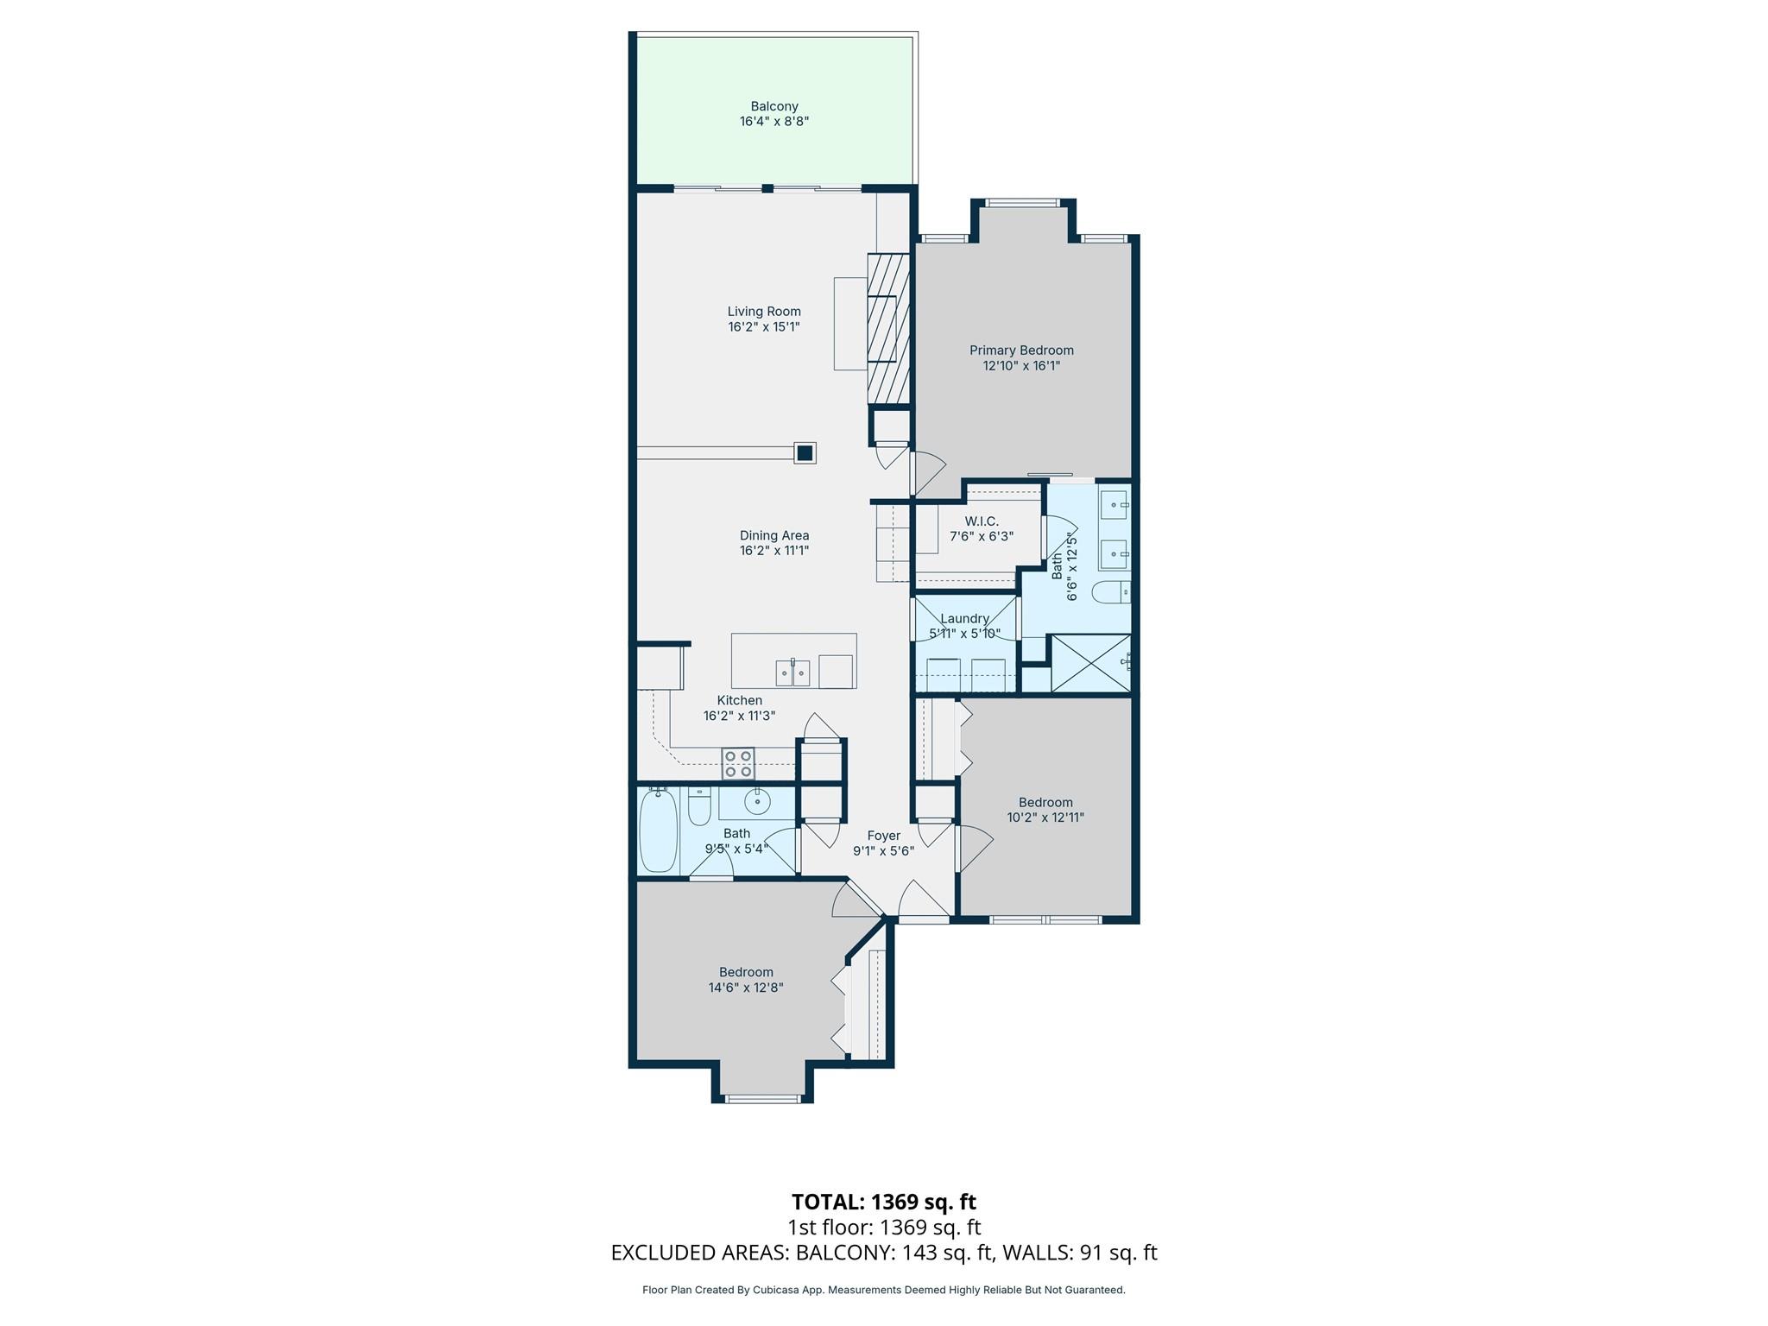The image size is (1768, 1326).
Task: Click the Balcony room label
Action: [x=773, y=106]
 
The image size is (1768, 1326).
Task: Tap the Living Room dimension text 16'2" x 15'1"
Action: [x=763, y=327]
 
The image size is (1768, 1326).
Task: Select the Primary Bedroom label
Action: [x=1021, y=350]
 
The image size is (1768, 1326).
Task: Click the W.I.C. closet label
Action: [x=982, y=521]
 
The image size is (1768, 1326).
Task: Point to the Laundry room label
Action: [x=964, y=618]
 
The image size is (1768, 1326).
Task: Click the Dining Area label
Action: [x=773, y=535]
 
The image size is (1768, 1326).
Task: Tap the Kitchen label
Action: [x=739, y=700]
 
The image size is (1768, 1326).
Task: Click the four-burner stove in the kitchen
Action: [x=738, y=764]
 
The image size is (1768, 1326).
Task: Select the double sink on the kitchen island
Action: [x=792, y=672]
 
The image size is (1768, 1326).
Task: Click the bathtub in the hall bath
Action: [x=658, y=831]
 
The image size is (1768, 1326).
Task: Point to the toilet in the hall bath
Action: [x=699, y=805]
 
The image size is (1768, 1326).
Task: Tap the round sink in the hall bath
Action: [x=757, y=802]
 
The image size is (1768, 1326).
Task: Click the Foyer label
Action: [x=883, y=836]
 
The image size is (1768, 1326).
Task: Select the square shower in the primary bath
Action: [x=1090, y=663]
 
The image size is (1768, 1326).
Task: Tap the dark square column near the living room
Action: [x=805, y=452]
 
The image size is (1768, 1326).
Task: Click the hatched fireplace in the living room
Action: [x=888, y=329]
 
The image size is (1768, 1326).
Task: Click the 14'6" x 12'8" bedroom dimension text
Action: [x=746, y=988]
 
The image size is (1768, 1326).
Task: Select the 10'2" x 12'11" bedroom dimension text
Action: [x=1045, y=818]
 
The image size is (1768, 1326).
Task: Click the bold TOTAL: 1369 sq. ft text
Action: [x=883, y=1202]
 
